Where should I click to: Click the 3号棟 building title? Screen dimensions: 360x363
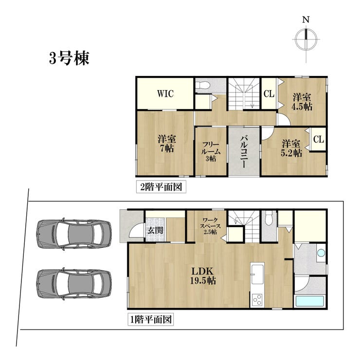coord(69,58)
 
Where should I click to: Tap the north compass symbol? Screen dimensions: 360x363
coord(306,39)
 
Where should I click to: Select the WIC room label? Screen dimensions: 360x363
coord(165,94)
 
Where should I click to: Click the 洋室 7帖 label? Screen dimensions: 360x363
coord(167,144)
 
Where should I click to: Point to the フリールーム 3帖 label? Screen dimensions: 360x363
coord(211,152)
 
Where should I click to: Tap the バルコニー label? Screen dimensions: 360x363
coord(244,152)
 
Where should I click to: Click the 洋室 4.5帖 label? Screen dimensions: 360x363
coord(302,102)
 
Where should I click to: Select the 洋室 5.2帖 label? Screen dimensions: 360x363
coord(291,148)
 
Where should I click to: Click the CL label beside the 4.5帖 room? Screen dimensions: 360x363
coord(269,94)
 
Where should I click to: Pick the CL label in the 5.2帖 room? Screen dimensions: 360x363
coord(319,139)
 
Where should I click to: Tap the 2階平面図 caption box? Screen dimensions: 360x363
coord(161,186)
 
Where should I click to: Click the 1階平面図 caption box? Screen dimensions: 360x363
coord(151,320)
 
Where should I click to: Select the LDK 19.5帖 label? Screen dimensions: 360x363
coord(203,276)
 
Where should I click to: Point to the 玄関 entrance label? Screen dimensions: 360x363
coord(155,230)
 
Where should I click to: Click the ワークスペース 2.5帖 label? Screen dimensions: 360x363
coord(210,226)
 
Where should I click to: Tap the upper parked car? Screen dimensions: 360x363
coord(74,234)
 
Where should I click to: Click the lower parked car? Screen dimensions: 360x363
coord(74,284)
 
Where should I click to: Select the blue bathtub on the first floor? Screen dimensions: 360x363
coord(310,302)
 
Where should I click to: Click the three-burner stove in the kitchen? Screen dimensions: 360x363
coord(257,300)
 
